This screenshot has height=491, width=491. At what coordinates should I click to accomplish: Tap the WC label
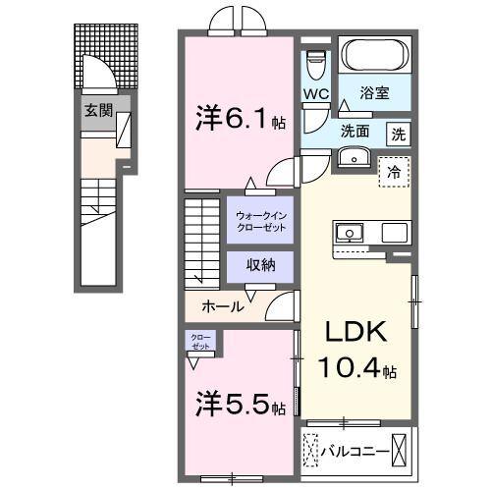click(x=314, y=94)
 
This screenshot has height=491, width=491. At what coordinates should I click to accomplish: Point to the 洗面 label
click(x=355, y=131)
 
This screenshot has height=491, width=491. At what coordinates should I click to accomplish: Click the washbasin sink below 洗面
click(x=353, y=157)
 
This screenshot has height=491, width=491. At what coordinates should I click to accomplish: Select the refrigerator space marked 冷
click(x=395, y=172)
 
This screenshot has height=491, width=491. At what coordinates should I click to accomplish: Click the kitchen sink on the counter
click(x=349, y=233)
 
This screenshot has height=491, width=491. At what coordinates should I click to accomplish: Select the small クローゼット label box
click(x=199, y=342)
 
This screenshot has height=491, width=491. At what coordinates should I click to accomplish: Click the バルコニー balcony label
click(x=354, y=452)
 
